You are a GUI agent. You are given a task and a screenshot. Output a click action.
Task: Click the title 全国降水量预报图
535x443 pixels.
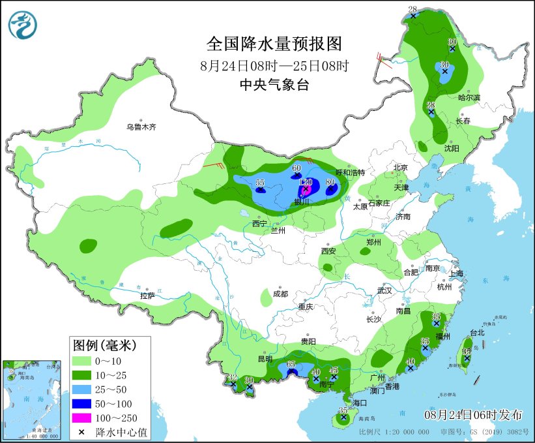(274, 44)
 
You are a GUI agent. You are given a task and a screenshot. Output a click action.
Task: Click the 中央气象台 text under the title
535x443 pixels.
(274, 85)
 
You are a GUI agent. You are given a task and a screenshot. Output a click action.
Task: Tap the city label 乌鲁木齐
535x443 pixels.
(141, 127)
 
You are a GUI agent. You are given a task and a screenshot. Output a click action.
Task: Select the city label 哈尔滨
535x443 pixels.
(469, 97)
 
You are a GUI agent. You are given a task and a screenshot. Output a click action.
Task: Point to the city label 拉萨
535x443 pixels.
(147, 296)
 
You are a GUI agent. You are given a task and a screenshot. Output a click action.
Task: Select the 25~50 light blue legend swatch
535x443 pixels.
(81, 390)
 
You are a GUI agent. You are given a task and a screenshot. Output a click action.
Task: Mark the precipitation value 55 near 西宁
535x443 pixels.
(260, 183)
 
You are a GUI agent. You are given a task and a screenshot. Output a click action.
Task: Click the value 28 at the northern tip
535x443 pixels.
(412, 8)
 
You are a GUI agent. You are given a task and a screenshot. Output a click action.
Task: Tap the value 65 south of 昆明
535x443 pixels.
(291, 364)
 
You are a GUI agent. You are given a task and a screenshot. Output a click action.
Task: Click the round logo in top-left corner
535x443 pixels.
(23, 24)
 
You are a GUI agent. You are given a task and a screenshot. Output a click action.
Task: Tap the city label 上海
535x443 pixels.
(455, 273)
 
